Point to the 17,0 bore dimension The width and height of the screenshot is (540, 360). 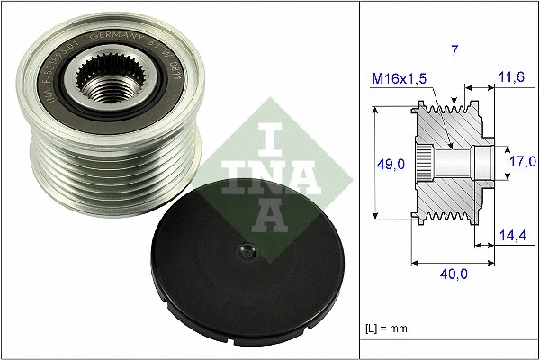[523, 162]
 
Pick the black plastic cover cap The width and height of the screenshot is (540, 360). [216, 261]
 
